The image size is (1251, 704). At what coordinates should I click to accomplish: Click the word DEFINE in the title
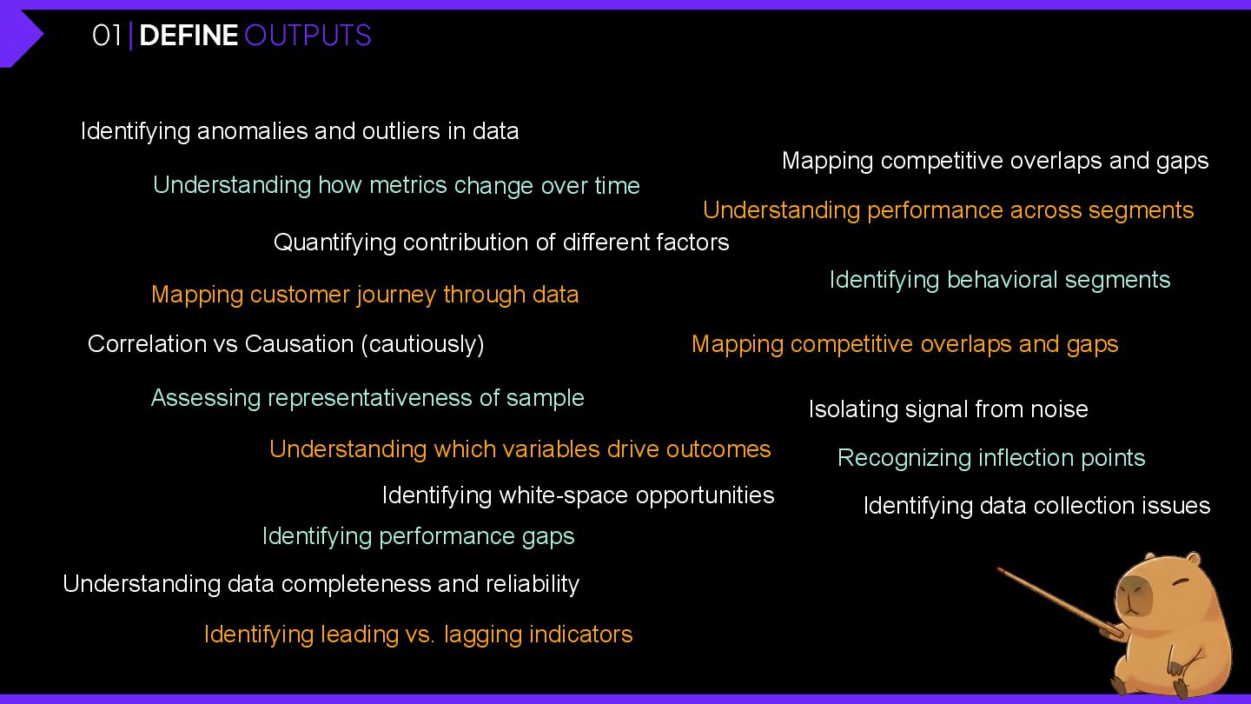[x=189, y=36]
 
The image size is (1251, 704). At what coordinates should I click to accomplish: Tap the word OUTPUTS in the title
[x=308, y=36]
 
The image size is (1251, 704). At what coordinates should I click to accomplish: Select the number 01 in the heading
[x=107, y=36]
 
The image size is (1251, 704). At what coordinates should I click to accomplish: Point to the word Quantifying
[x=335, y=242]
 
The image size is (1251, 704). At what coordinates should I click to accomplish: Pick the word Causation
[x=299, y=344]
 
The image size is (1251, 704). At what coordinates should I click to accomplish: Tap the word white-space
[x=565, y=495]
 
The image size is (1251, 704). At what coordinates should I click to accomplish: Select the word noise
[x=1057, y=409]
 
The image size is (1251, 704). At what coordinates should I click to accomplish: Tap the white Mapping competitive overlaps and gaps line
[x=995, y=161]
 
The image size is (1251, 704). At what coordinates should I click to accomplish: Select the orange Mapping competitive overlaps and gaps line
[x=904, y=344]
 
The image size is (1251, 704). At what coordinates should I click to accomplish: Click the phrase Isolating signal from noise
[x=948, y=409]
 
